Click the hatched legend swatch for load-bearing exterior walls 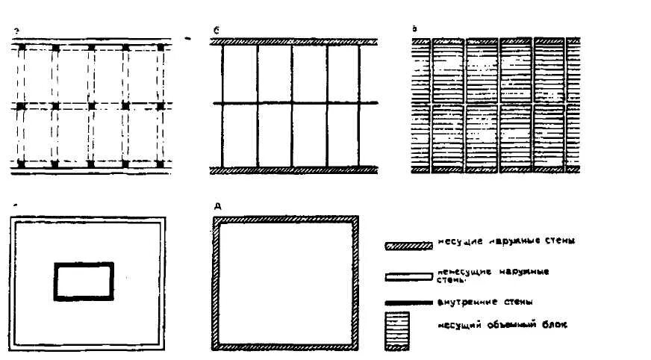point(408,245)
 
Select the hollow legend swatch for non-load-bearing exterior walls point(408,277)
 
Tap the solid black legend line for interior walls point(408,302)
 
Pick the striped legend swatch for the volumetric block point(396,331)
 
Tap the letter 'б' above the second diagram point(215,31)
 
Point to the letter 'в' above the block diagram point(415,28)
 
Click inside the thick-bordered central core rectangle point(84,282)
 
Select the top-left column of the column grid point(21,49)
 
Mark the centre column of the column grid point(91,106)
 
